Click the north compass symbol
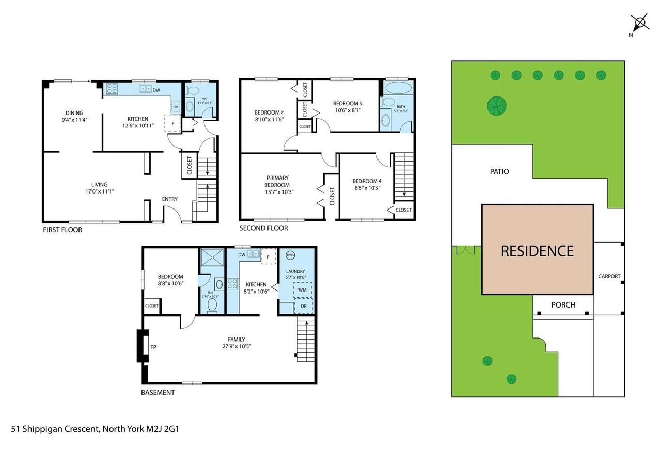tap(639, 23)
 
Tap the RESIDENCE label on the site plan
tap(537, 251)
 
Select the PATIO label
tap(499, 171)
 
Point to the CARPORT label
tap(609, 276)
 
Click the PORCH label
tap(563, 305)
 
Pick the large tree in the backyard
tap(496, 105)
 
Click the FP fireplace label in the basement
tap(153, 347)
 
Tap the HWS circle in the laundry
tap(290, 255)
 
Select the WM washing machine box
tap(303, 291)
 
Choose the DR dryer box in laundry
tap(303, 307)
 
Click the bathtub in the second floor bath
tap(397, 87)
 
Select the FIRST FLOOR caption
tap(62, 230)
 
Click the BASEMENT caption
tap(158, 392)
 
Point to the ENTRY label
tap(169, 199)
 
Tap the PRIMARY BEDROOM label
tap(277, 181)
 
